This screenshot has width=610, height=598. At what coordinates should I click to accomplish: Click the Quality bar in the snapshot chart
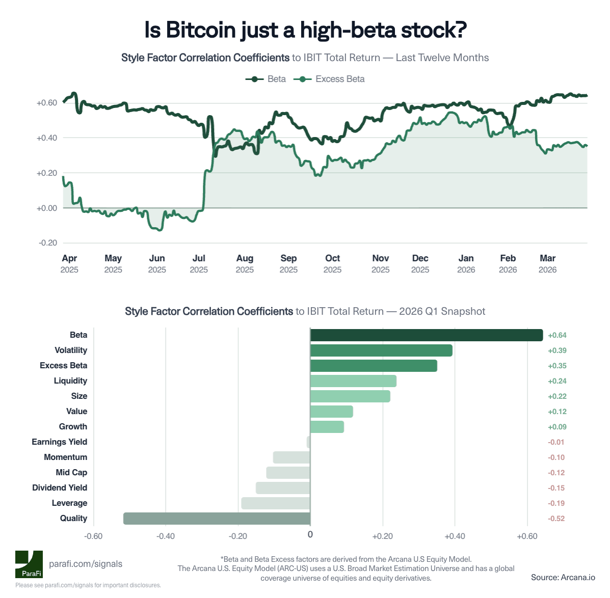217,519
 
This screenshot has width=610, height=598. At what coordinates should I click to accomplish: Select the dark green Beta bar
426,335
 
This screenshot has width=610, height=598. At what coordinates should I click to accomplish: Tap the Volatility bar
381,350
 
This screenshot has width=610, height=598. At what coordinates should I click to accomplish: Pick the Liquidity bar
353,381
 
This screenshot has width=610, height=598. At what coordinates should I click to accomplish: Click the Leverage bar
276,503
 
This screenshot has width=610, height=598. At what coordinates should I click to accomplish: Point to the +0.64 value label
557,335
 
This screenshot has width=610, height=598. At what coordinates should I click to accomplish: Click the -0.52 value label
556,519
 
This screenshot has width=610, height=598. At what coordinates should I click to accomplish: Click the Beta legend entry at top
266,79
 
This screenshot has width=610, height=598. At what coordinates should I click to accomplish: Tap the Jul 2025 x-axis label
199,263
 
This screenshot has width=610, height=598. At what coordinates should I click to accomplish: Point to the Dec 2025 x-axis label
420,263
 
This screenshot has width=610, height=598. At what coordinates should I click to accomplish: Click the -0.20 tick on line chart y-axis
47,243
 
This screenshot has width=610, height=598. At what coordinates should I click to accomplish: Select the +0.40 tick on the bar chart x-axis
455,536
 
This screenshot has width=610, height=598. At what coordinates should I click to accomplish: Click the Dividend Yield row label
60,488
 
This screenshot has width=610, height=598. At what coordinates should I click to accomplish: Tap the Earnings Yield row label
59,442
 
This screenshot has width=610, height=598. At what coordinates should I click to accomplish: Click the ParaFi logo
29,564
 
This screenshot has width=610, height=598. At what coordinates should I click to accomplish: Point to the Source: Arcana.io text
563,577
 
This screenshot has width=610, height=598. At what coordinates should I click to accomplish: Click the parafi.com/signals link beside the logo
86,564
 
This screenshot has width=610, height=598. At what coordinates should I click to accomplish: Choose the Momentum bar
291,457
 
